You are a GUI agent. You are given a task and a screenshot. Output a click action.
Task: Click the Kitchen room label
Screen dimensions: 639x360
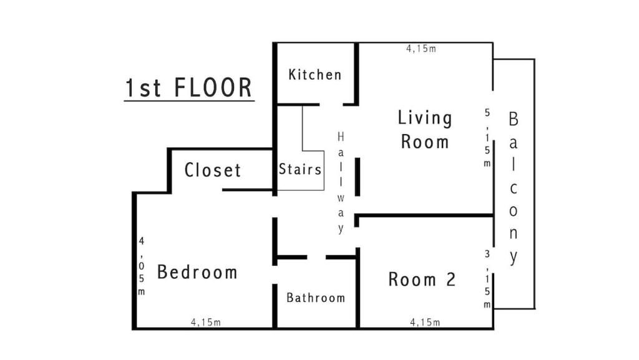tap(315, 74)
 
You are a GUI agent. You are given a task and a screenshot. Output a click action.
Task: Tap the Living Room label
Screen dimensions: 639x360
tap(424, 130)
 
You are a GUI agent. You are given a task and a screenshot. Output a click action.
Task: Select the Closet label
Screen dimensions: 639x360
tap(212, 170)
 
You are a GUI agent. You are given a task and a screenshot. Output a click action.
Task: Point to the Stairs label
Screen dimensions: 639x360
tap(300, 168)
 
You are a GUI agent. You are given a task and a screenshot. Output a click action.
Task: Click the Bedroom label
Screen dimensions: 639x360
tap(197, 271)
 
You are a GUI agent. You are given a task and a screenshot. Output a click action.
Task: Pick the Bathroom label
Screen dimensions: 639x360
tap(315, 298)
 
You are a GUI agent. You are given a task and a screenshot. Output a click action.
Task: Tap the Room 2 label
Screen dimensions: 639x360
tap(422, 280)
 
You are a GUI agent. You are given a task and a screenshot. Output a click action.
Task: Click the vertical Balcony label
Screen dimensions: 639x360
tap(513, 188)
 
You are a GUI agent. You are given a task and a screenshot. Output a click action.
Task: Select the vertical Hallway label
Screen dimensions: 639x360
tap(341, 183)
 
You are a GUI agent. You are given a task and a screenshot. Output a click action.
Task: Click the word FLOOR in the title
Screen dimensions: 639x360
tap(213, 87)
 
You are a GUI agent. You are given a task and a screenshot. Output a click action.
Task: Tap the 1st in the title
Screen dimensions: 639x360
tap(144, 87)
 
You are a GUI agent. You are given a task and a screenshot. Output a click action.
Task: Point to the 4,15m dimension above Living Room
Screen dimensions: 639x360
tap(421, 49)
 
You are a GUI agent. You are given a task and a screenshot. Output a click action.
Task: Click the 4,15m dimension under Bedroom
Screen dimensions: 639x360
tap(206, 323)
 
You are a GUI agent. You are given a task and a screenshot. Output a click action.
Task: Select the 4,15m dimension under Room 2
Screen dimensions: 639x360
tap(424, 323)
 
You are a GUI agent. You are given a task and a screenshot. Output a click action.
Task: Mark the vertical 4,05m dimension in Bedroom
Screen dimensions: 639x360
tap(142, 266)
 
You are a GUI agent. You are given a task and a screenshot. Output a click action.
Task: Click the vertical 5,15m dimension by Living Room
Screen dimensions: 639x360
tap(487, 138)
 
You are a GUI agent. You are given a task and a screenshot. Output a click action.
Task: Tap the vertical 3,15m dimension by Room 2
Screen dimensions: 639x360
tap(487, 279)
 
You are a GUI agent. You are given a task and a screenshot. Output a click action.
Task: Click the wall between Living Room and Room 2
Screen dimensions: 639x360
tap(424, 215)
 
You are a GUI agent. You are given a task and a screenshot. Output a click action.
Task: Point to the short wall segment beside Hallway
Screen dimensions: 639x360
tap(358, 177)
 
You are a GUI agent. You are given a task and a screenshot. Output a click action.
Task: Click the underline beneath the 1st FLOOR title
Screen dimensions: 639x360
tap(189, 100)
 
